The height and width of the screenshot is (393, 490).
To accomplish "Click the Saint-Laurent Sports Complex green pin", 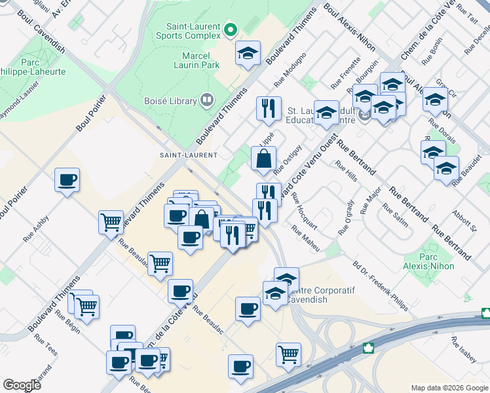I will click(230, 29).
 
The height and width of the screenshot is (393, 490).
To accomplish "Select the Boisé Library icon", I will click(207, 100).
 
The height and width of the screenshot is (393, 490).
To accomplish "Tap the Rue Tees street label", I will click(46, 345).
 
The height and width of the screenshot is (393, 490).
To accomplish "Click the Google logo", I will click(22, 384).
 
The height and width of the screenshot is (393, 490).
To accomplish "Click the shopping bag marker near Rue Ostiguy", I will click(263, 159).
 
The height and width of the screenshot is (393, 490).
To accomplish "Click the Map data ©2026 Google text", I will click(449, 388).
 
